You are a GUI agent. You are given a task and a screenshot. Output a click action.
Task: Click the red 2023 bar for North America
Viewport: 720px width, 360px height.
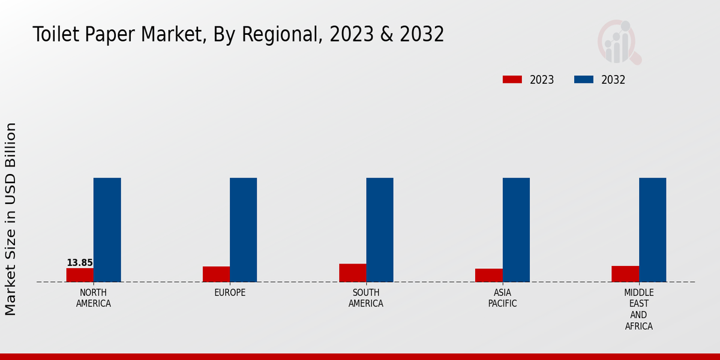tap(80, 275)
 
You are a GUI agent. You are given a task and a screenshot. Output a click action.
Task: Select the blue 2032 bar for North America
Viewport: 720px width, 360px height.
tap(107, 230)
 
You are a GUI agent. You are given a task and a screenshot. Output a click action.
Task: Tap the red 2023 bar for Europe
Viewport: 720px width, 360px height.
tap(216, 274)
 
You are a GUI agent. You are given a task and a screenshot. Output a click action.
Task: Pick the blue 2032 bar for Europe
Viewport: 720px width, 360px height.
tap(243, 230)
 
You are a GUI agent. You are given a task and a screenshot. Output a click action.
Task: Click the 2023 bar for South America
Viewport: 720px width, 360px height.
tap(352, 273)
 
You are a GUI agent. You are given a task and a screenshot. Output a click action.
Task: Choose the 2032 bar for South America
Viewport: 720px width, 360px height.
tap(380, 230)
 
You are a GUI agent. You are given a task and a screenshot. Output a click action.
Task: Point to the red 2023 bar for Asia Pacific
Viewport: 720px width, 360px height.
tap(488, 275)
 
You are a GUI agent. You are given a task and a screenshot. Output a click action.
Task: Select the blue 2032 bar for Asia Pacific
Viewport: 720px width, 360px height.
tap(516, 230)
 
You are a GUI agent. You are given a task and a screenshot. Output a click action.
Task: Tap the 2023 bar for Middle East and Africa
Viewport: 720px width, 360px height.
tap(625, 274)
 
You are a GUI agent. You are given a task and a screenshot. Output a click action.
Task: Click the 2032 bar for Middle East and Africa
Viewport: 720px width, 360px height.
tap(652, 230)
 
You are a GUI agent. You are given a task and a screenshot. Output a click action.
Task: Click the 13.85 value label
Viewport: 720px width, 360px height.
tap(80, 263)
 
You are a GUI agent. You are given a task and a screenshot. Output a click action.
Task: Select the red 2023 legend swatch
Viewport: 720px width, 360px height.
tap(512, 80)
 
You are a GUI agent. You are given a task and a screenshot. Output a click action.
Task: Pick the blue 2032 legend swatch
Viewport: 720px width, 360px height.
tap(584, 80)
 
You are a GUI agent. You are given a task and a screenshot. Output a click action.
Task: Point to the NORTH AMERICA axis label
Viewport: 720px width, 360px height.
tap(94, 298)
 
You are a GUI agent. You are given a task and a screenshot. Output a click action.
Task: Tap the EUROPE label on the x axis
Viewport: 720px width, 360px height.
tap(230, 293)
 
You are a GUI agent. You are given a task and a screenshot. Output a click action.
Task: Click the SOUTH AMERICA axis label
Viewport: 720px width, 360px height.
tap(366, 298)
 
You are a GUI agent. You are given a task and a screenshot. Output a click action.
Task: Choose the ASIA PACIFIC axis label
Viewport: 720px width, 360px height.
tap(503, 298)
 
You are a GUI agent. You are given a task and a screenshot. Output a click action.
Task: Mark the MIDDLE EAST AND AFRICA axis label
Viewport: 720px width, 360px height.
tap(638, 310)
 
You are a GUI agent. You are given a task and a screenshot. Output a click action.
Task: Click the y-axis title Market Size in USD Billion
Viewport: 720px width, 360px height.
tap(11, 219)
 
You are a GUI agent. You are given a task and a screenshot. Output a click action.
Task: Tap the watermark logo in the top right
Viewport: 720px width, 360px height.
tap(619, 42)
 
